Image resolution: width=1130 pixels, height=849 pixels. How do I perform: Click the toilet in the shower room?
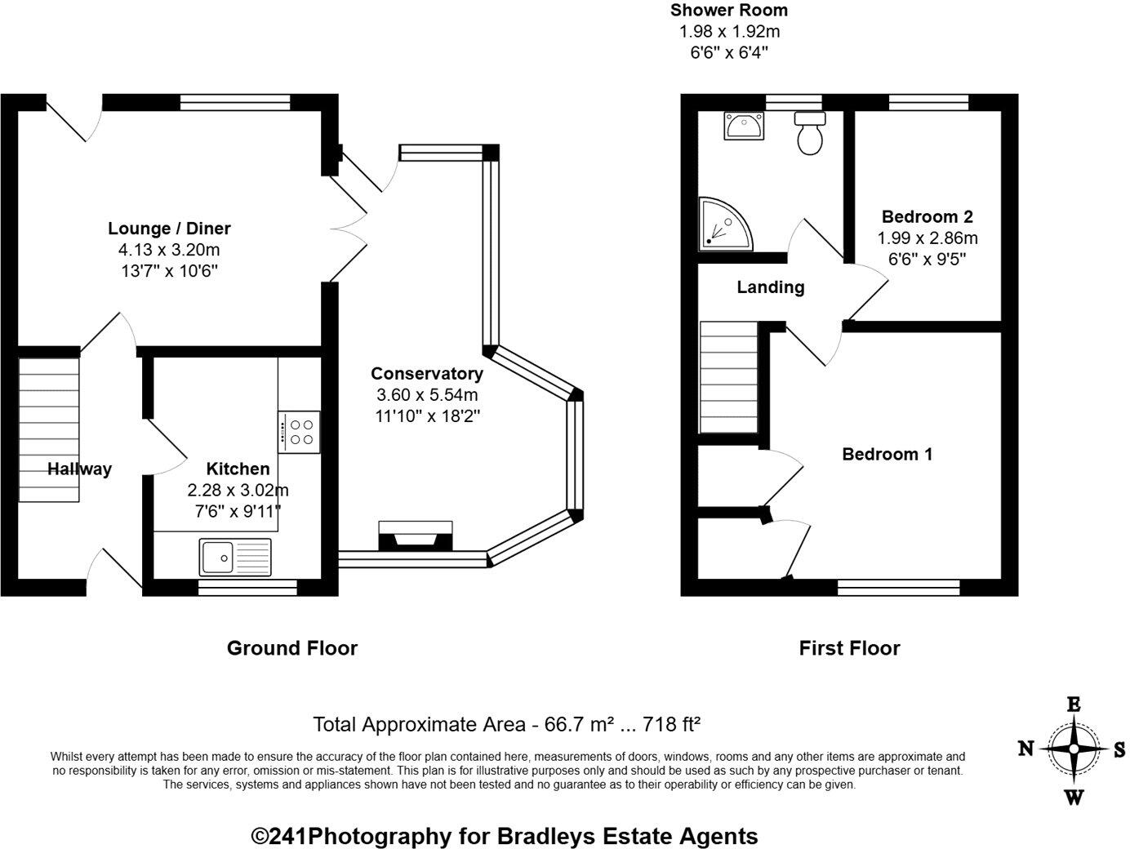tap(810, 133)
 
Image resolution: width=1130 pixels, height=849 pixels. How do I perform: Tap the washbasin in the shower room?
tap(744, 126)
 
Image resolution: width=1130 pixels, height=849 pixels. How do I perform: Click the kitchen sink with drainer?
tap(235, 558)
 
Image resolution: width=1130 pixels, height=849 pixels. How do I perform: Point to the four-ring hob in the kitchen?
tap(299, 432)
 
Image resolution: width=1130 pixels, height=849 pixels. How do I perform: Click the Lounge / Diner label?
tap(169, 228)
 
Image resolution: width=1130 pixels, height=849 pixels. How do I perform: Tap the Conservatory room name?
tap(427, 374)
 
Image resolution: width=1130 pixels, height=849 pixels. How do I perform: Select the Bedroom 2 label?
tap(928, 216)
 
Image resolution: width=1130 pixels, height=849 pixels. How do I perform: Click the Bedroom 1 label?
tap(887, 454)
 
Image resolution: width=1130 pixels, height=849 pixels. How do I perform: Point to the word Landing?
tap(770, 287)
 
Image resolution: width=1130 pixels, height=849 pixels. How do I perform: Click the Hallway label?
tap(79, 469)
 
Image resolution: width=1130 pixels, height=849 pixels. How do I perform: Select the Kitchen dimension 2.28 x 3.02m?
tap(238, 491)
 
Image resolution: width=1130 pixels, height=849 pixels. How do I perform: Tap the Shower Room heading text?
tap(729, 10)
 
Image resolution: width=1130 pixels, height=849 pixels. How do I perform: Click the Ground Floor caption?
tap(292, 648)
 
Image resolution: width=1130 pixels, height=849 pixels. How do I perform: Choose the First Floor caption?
tap(849, 648)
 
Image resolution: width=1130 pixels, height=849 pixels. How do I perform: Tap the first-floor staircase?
tap(728, 377)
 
